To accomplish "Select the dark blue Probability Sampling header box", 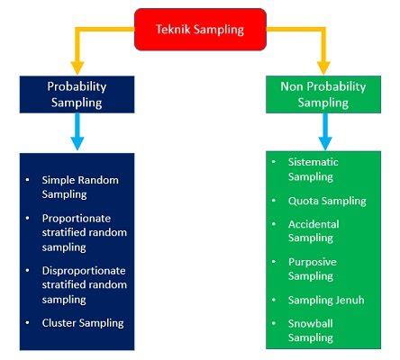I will pyautogui.click(x=77, y=95).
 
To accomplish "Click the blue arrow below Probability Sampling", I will pyautogui.click(x=77, y=134).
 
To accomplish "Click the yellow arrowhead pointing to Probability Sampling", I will pyautogui.click(x=77, y=67).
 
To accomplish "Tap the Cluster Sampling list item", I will pyautogui.click(x=83, y=322).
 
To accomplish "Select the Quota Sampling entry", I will pyautogui.click(x=326, y=201).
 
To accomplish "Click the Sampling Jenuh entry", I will pyautogui.click(x=325, y=300).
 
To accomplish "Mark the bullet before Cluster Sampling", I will pyautogui.click(x=29, y=322).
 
